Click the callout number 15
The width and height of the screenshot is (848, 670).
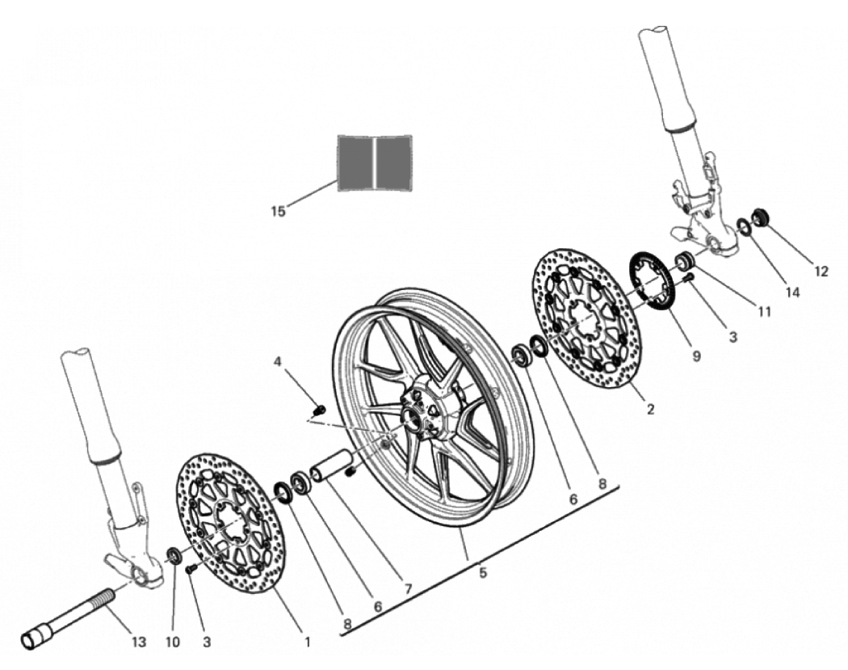(278, 211)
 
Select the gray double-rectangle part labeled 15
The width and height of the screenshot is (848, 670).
(375, 163)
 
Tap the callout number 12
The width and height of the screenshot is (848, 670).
(821, 272)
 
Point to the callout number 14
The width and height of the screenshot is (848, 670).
(792, 293)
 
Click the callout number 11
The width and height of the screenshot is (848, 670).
(764, 312)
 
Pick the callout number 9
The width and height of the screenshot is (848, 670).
(696, 356)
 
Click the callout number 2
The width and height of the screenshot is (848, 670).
(651, 409)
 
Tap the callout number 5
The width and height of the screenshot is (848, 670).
(483, 572)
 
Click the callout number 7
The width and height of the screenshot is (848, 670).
(408, 588)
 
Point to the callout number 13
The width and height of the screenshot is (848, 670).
(139, 642)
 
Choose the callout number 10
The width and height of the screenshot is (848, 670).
(173, 642)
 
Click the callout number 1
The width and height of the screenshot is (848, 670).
(307, 642)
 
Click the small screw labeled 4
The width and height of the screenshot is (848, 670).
(320, 408)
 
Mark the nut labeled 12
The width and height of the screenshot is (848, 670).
(761, 217)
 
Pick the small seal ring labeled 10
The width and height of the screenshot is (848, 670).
(174, 554)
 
